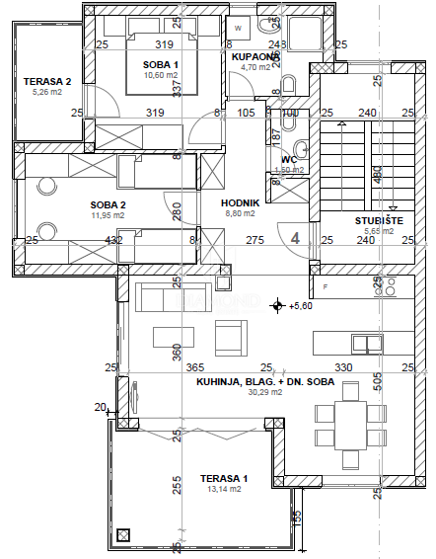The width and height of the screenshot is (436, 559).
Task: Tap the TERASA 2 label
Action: pyautogui.click(x=47, y=81)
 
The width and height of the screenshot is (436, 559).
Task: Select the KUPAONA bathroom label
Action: pyautogui.click(x=255, y=56)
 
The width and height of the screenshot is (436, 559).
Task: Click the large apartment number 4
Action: pyautogui.click(x=295, y=237)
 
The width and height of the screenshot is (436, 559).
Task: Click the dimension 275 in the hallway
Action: pyautogui.click(x=254, y=239)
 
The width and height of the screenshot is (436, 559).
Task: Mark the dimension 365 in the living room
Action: pyautogui.click(x=194, y=367)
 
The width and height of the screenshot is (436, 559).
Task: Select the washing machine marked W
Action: pyautogui.click(x=238, y=28)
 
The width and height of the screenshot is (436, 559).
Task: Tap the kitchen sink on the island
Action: pyautogui.click(x=371, y=344)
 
